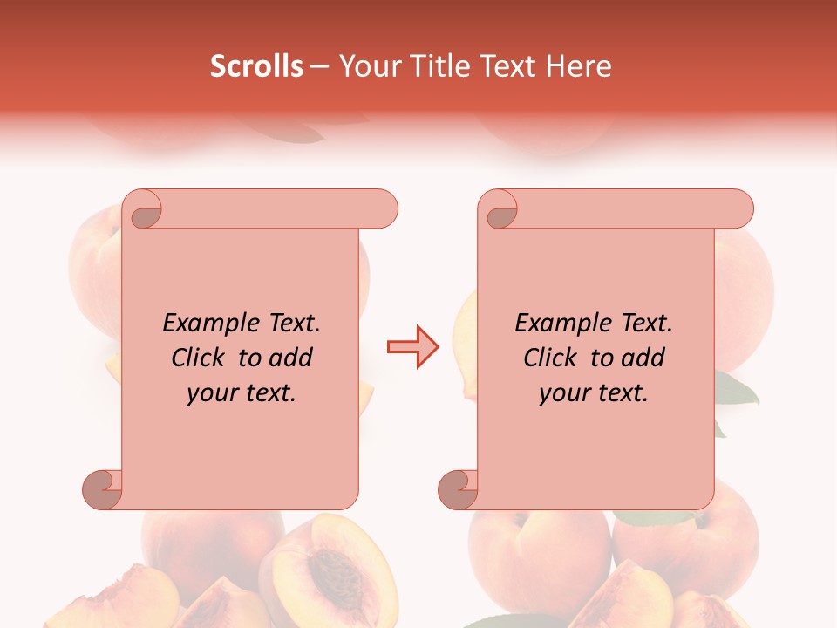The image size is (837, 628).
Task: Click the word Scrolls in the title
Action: point(256,66)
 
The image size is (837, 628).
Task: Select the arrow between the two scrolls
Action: point(412,346)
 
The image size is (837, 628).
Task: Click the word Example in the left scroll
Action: point(202,324)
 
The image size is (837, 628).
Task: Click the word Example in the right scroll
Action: point(555,324)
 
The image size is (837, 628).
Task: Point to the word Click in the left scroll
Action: point(201,358)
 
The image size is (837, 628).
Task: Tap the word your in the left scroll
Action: point(210,394)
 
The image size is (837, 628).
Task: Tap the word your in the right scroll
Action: point(562,394)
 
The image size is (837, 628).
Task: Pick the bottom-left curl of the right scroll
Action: point(459,489)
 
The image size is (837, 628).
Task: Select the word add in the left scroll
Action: point(290,358)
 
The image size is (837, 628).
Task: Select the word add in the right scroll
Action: point(643,358)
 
